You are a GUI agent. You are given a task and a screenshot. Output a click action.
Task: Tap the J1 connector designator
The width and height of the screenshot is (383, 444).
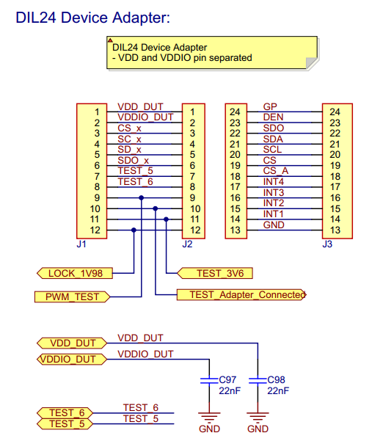pyautogui.click(x=81, y=244)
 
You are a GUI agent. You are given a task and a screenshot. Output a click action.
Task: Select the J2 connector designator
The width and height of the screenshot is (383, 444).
pyautogui.click(x=187, y=244)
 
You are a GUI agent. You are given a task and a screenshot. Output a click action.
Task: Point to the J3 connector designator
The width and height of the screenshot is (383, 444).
pyautogui.click(x=327, y=244)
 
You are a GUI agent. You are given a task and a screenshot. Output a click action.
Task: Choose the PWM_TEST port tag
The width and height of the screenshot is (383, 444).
pyautogui.click(x=72, y=296)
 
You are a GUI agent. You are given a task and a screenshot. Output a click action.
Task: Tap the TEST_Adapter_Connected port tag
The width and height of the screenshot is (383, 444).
pyautogui.click(x=241, y=295)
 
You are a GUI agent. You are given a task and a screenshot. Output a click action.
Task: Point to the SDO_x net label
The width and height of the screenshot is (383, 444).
pyautogui.click(x=133, y=160)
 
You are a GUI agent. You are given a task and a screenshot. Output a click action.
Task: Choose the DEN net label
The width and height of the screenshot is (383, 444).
pyautogui.click(x=272, y=117)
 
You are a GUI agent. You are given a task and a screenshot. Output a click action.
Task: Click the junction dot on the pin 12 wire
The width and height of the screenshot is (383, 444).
pyautogui.click(x=134, y=230)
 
